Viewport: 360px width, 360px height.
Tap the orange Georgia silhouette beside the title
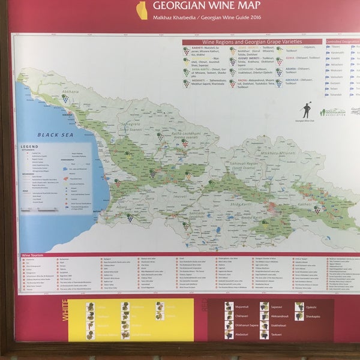(x=142, y=9)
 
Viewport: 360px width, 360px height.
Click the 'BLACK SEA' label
(x=55, y=135)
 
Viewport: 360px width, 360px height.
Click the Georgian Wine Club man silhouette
(x=307, y=110)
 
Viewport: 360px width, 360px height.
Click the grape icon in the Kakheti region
(x=317, y=210)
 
